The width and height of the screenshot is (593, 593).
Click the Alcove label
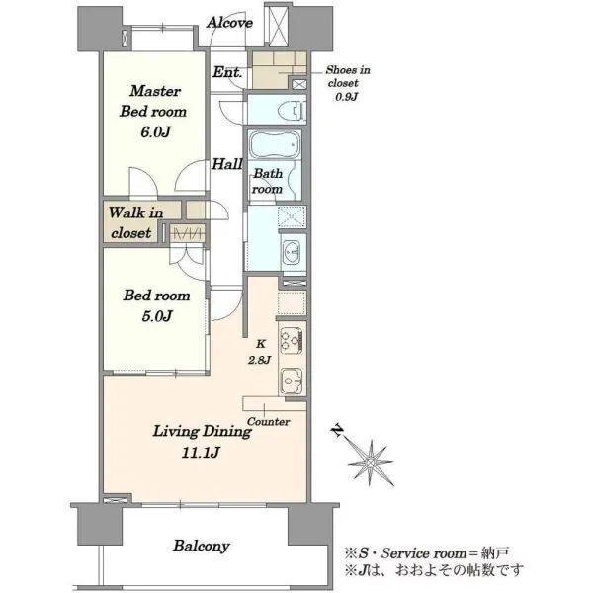(x=229, y=23)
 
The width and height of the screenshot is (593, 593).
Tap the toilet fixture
(x=292, y=111)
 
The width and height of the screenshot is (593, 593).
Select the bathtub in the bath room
(x=275, y=145)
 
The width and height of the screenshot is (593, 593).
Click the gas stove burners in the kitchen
(x=292, y=340)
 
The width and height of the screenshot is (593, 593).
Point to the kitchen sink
(x=292, y=381)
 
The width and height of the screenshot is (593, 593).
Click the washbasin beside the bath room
(x=293, y=251)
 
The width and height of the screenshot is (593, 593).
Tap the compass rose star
(x=371, y=463)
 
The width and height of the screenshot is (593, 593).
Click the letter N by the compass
(x=337, y=431)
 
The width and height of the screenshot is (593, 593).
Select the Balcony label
(x=202, y=546)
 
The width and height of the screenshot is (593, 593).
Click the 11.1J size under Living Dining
(x=201, y=453)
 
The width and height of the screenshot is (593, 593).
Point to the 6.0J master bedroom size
(x=156, y=132)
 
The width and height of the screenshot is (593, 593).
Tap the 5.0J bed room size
(x=157, y=316)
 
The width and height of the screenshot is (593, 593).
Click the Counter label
(x=269, y=422)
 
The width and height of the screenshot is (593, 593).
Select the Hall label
(x=226, y=164)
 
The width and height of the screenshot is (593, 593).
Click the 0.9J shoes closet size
(x=346, y=97)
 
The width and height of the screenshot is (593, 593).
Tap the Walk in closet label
(x=133, y=222)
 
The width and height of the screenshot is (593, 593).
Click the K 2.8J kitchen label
(x=259, y=352)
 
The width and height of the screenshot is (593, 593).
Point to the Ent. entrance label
(x=227, y=72)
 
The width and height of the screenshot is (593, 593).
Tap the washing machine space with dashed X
(x=292, y=216)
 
